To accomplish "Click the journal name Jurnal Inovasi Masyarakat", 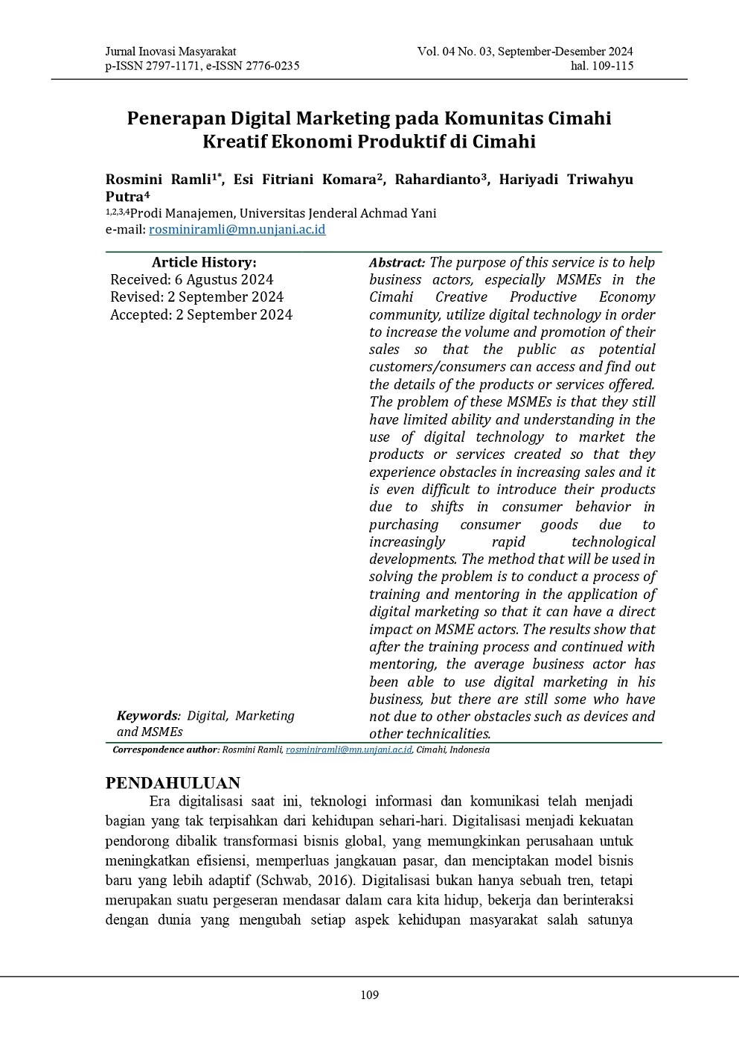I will [170, 51].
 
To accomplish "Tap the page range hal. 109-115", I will [602, 66].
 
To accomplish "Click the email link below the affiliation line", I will [237, 229].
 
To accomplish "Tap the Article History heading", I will [204, 262].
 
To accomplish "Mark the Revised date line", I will [196, 297].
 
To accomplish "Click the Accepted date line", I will [201, 314].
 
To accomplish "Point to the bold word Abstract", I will [397, 262].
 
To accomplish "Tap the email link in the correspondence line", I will [348, 749].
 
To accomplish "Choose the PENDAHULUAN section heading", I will [173, 783].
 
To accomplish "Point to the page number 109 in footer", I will [370, 995].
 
